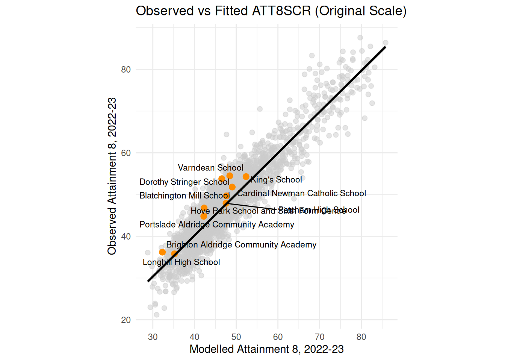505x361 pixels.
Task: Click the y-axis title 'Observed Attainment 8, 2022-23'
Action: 112,176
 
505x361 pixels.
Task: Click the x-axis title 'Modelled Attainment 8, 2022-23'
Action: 266,349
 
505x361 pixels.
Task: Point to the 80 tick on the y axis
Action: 126,70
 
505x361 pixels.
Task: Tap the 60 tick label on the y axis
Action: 126,153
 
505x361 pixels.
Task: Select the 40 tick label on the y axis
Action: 126,237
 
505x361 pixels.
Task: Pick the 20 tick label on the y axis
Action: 126,320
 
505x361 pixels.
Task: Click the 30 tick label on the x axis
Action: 153,337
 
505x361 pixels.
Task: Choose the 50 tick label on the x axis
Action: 236,337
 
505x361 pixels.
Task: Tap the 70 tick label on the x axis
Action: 319,337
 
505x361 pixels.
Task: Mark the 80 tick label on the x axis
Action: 361,337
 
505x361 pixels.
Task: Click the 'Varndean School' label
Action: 210,168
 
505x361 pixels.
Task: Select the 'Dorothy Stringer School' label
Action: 184,182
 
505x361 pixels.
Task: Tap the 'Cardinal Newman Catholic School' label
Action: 301,193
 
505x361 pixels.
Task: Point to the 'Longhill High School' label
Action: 181,262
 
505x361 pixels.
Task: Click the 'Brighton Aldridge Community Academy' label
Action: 241,245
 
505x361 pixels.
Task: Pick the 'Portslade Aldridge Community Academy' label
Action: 217,224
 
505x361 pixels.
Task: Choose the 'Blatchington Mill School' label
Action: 184,196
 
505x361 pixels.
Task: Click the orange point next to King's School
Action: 246,177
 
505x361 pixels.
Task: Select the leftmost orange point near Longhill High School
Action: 162,252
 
